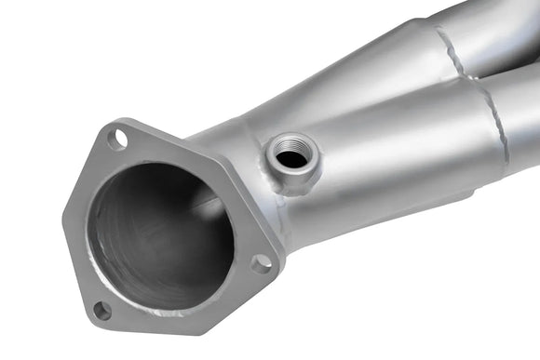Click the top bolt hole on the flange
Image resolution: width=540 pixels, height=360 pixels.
[x=117, y=140]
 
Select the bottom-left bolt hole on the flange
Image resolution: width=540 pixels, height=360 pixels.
[x=102, y=310]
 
